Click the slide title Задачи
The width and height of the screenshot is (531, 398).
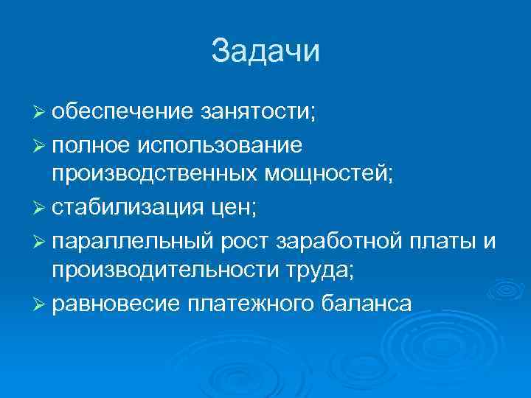(x=265, y=52)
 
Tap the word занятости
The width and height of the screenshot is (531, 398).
(x=256, y=114)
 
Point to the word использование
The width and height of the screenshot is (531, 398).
(x=218, y=145)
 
